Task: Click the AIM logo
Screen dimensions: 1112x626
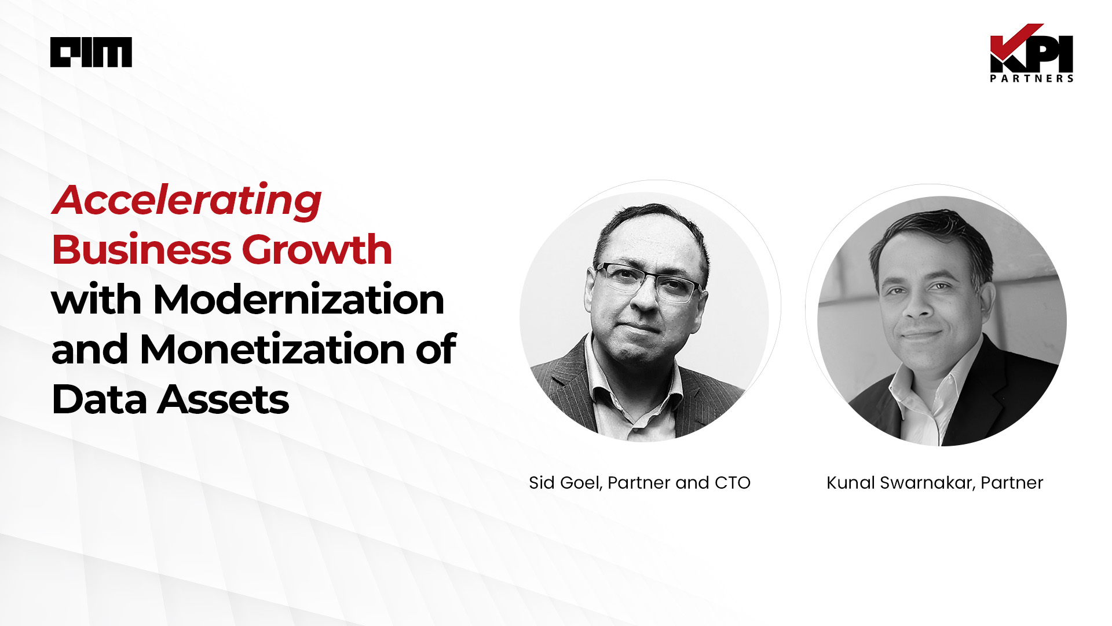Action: (x=91, y=52)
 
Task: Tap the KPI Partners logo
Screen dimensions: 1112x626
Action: (x=1031, y=53)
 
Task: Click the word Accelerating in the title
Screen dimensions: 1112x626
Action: (x=186, y=201)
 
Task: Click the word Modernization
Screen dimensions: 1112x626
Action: (x=298, y=300)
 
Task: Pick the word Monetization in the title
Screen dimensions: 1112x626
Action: (x=272, y=350)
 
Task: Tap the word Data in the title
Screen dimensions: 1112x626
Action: (x=99, y=399)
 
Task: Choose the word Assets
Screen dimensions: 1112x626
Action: (x=223, y=400)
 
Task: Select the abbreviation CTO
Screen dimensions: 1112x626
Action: (x=733, y=483)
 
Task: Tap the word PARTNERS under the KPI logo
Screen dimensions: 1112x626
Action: (x=1031, y=78)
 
